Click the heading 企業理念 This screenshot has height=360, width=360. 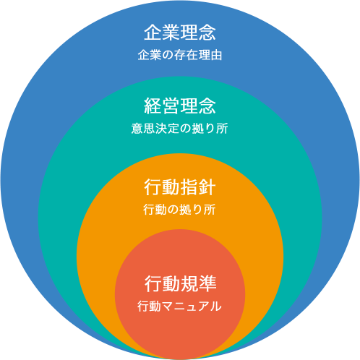coord(180,33)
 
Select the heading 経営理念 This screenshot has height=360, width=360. coord(180,106)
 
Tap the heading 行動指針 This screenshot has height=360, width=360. coord(180,187)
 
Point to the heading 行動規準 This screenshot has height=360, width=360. coord(181,283)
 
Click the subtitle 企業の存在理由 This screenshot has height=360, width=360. coord(180,55)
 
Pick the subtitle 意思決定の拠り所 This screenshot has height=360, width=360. coord(180,129)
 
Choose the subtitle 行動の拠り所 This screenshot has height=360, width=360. coord(179,210)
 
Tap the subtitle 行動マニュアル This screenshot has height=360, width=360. coord(179,307)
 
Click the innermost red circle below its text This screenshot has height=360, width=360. coord(180,335)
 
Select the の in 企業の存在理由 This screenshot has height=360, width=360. coord(168,55)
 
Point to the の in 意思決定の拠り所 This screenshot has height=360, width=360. coord(180,129)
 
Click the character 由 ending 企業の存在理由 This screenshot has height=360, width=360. coord(216,55)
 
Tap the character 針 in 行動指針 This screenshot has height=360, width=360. coord(207,187)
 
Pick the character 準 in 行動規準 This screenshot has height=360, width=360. coord(207,283)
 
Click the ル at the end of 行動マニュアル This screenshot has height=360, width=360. coord(216,307)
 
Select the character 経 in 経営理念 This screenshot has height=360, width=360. coord(153,106)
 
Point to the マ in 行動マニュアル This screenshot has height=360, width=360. coord(168,307)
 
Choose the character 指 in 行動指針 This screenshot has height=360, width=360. coord(189,187)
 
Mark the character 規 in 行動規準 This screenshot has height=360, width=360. coord(189,283)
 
